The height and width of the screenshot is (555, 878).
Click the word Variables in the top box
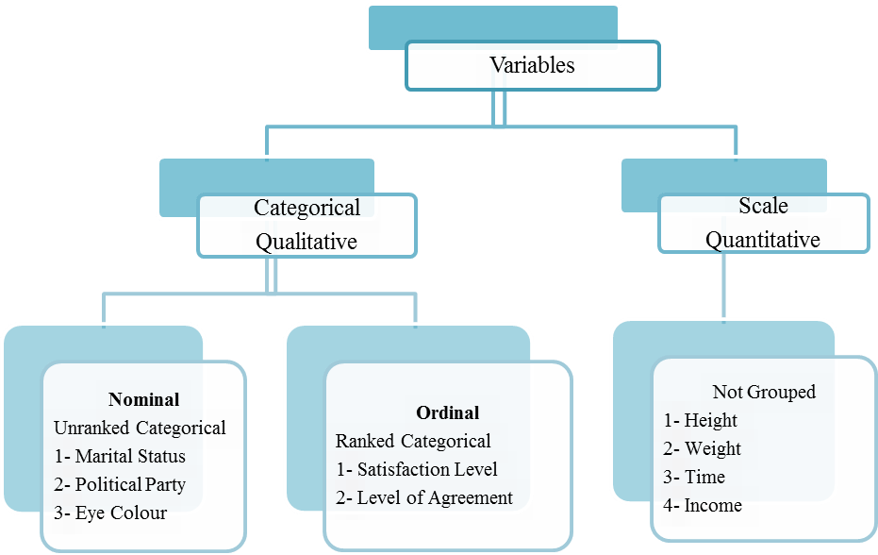click(532, 65)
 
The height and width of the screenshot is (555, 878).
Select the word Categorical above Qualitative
click(306, 208)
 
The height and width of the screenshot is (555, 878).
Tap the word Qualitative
click(306, 242)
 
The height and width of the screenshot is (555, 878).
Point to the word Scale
click(763, 206)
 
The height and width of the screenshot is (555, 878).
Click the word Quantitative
click(763, 240)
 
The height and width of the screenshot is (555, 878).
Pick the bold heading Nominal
click(144, 399)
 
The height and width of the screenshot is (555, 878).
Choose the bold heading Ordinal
click(447, 412)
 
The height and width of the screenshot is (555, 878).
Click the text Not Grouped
click(764, 392)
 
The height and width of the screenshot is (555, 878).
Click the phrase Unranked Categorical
click(140, 428)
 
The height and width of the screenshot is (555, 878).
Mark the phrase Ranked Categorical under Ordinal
click(413, 441)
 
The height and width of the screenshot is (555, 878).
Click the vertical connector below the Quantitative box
click(724, 287)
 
